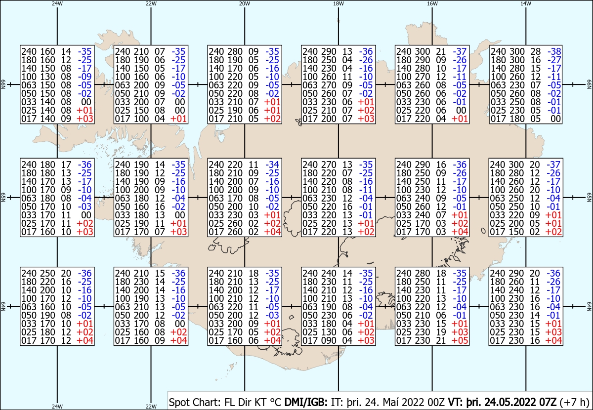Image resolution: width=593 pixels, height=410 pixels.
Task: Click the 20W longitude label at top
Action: coord(244,3)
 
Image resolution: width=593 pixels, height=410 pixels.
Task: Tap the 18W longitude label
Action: coord(339,3)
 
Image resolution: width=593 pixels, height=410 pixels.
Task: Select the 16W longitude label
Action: coord(432,3)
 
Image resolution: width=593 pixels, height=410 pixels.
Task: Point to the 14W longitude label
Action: coord(526,3)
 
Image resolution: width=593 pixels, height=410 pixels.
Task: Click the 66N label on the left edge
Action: coord(3,84)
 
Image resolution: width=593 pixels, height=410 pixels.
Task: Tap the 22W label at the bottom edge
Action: coord(151,406)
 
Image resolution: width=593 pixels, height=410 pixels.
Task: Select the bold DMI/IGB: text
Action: coord(306,402)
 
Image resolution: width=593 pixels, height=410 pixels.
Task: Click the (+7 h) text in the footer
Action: coord(574,402)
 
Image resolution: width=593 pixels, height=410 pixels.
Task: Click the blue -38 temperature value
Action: coord(554,51)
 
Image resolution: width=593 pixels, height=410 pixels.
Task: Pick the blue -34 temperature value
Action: coord(272,164)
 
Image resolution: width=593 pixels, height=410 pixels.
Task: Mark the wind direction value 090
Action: coord(329,340)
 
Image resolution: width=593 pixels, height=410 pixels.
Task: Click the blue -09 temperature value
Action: coord(85,77)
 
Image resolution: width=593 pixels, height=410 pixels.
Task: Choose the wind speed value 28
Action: coord(535,51)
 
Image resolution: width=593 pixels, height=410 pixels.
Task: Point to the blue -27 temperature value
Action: coord(554,60)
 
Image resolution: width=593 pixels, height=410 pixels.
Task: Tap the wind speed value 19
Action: coord(441,332)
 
